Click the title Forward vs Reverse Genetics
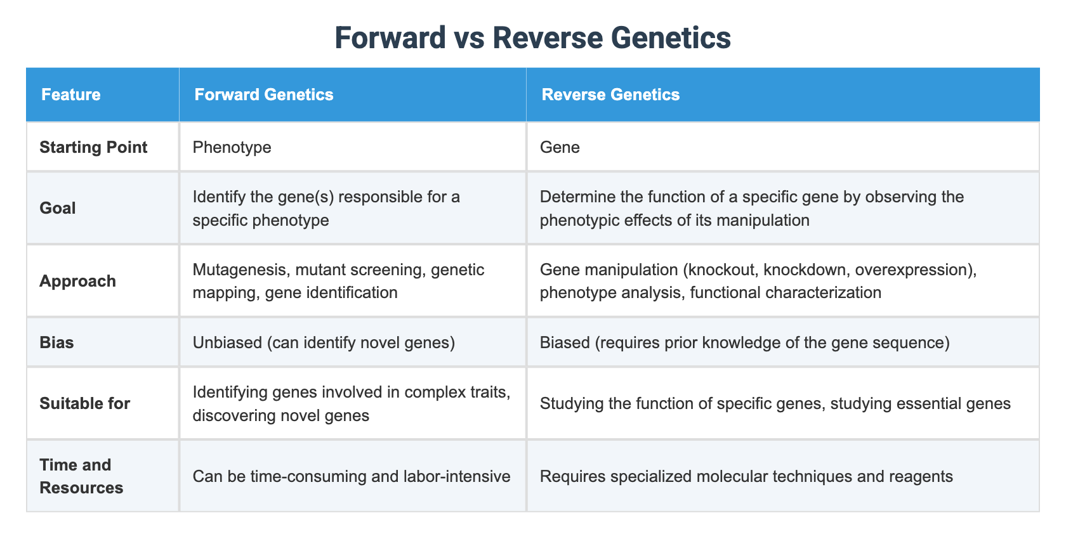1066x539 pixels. pos(532,37)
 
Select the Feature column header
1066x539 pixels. pos(70,94)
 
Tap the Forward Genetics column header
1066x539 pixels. pos(263,94)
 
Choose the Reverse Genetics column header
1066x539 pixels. pos(610,94)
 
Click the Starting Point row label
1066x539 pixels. pos(93,147)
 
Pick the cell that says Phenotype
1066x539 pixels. pos(232,147)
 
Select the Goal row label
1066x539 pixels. pos(58,208)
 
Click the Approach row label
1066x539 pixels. pos(77,281)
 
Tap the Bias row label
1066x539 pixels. pos(56,342)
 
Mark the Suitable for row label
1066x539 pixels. pos(84,403)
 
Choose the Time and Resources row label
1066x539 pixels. pos(81,476)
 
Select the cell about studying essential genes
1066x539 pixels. pos(775,403)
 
